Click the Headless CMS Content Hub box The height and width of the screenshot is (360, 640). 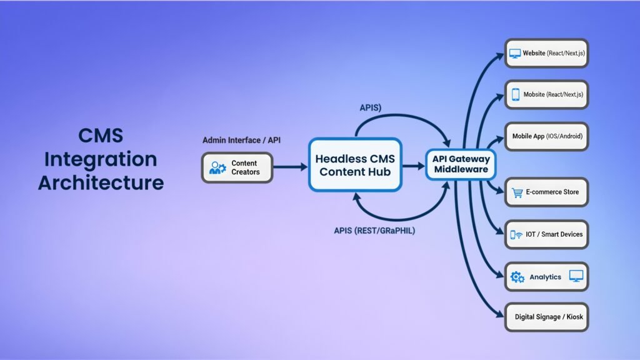pyautogui.click(x=355, y=165)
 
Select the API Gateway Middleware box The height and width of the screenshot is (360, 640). pyautogui.click(x=461, y=165)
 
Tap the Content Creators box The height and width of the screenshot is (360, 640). pyautogui.click(x=237, y=167)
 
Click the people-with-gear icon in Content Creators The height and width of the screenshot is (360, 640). pyautogui.click(x=217, y=167)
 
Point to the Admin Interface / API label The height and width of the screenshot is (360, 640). pyautogui.click(x=241, y=140)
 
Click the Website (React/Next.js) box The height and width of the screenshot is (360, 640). pyautogui.click(x=546, y=54)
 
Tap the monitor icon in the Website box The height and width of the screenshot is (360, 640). pyautogui.click(x=515, y=54)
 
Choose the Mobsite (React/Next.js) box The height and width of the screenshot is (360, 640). pyautogui.click(x=546, y=94)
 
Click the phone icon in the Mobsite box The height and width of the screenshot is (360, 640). pyautogui.click(x=516, y=94)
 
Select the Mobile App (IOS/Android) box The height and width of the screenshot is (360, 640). pyautogui.click(x=546, y=136)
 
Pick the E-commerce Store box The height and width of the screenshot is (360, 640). pyautogui.click(x=546, y=192)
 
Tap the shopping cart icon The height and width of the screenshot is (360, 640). pyautogui.click(x=517, y=192)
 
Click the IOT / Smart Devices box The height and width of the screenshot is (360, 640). pyautogui.click(x=546, y=234)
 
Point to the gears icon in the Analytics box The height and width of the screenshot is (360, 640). pyautogui.click(x=517, y=277)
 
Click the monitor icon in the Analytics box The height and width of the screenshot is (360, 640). pyautogui.click(x=576, y=276)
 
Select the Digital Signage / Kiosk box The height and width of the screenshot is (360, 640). pyautogui.click(x=546, y=317)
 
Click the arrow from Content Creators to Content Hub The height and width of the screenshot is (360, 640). pyautogui.click(x=290, y=167)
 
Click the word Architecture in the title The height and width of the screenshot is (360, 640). pyautogui.click(x=101, y=182)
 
